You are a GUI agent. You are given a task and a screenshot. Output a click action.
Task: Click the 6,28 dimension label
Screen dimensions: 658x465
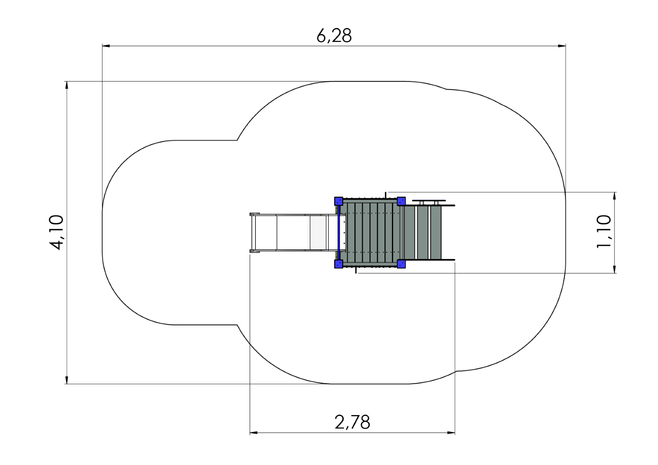pos(334,36)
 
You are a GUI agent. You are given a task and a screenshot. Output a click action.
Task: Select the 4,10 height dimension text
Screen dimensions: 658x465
pos(56,232)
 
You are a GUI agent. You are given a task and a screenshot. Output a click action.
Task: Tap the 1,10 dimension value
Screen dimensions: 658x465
pos(604,231)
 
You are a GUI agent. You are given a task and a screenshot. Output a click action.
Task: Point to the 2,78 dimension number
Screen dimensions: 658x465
pos(352,422)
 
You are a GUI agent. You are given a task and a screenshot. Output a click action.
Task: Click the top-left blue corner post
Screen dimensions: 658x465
pos(339,201)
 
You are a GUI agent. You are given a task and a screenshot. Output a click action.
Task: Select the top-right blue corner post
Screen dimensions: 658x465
pos(401,201)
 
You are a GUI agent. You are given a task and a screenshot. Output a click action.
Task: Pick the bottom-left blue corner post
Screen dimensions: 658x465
pos(339,264)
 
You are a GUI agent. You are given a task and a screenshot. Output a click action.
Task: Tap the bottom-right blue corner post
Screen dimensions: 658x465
pos(401,264)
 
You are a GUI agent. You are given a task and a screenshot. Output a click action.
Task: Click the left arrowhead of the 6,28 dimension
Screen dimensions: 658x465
pos(106,46)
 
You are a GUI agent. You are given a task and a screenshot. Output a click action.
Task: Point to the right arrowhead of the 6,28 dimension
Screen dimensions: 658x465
pos(562,46)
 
